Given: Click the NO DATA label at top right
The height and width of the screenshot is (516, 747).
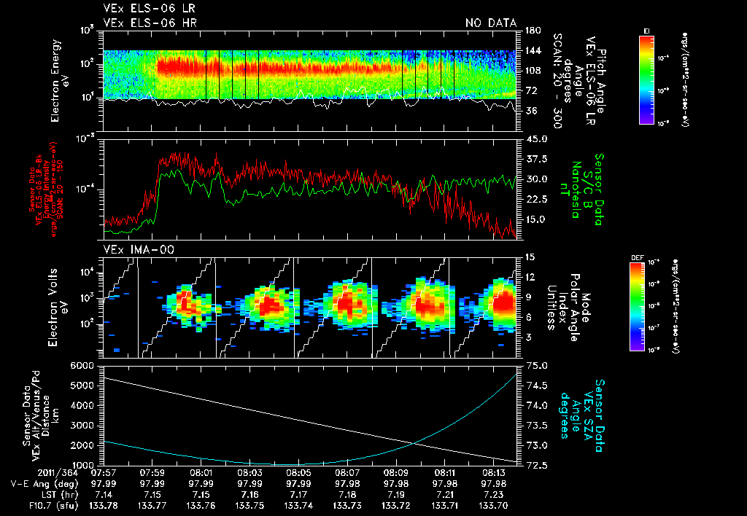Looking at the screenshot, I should coord(491,23).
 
